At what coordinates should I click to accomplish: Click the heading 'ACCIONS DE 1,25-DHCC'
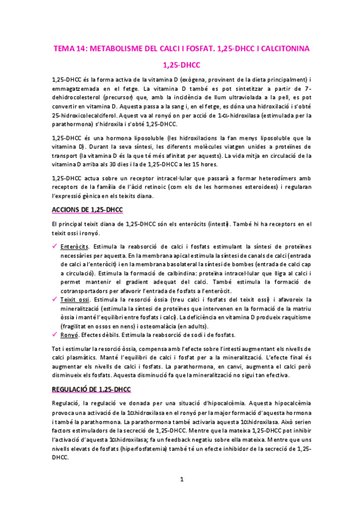(87, 210)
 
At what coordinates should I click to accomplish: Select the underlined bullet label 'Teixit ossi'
(76, 299)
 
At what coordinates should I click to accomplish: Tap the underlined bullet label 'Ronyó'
(70, 335)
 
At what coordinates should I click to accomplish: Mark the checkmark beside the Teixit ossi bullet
(56, 299)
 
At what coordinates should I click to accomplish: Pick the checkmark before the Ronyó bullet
(56, 334)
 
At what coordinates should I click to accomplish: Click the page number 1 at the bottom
(182, 480)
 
